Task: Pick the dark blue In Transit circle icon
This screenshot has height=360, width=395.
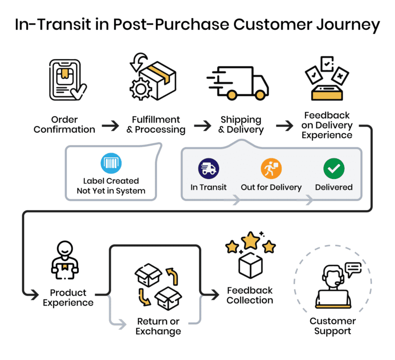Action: coord(208,168)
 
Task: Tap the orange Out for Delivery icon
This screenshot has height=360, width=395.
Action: coord(271,168)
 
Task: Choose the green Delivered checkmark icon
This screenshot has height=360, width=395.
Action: coord(334,168)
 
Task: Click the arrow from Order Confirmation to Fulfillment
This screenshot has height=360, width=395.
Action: coord(110,125)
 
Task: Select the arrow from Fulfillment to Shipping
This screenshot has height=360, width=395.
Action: coord(202,125)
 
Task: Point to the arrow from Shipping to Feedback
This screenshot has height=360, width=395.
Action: coord(284,125)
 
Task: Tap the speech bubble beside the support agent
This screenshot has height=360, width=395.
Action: coord(353,269)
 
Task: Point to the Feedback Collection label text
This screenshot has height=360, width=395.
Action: coord(250,295)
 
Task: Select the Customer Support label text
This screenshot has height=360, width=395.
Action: coord(332,326)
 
